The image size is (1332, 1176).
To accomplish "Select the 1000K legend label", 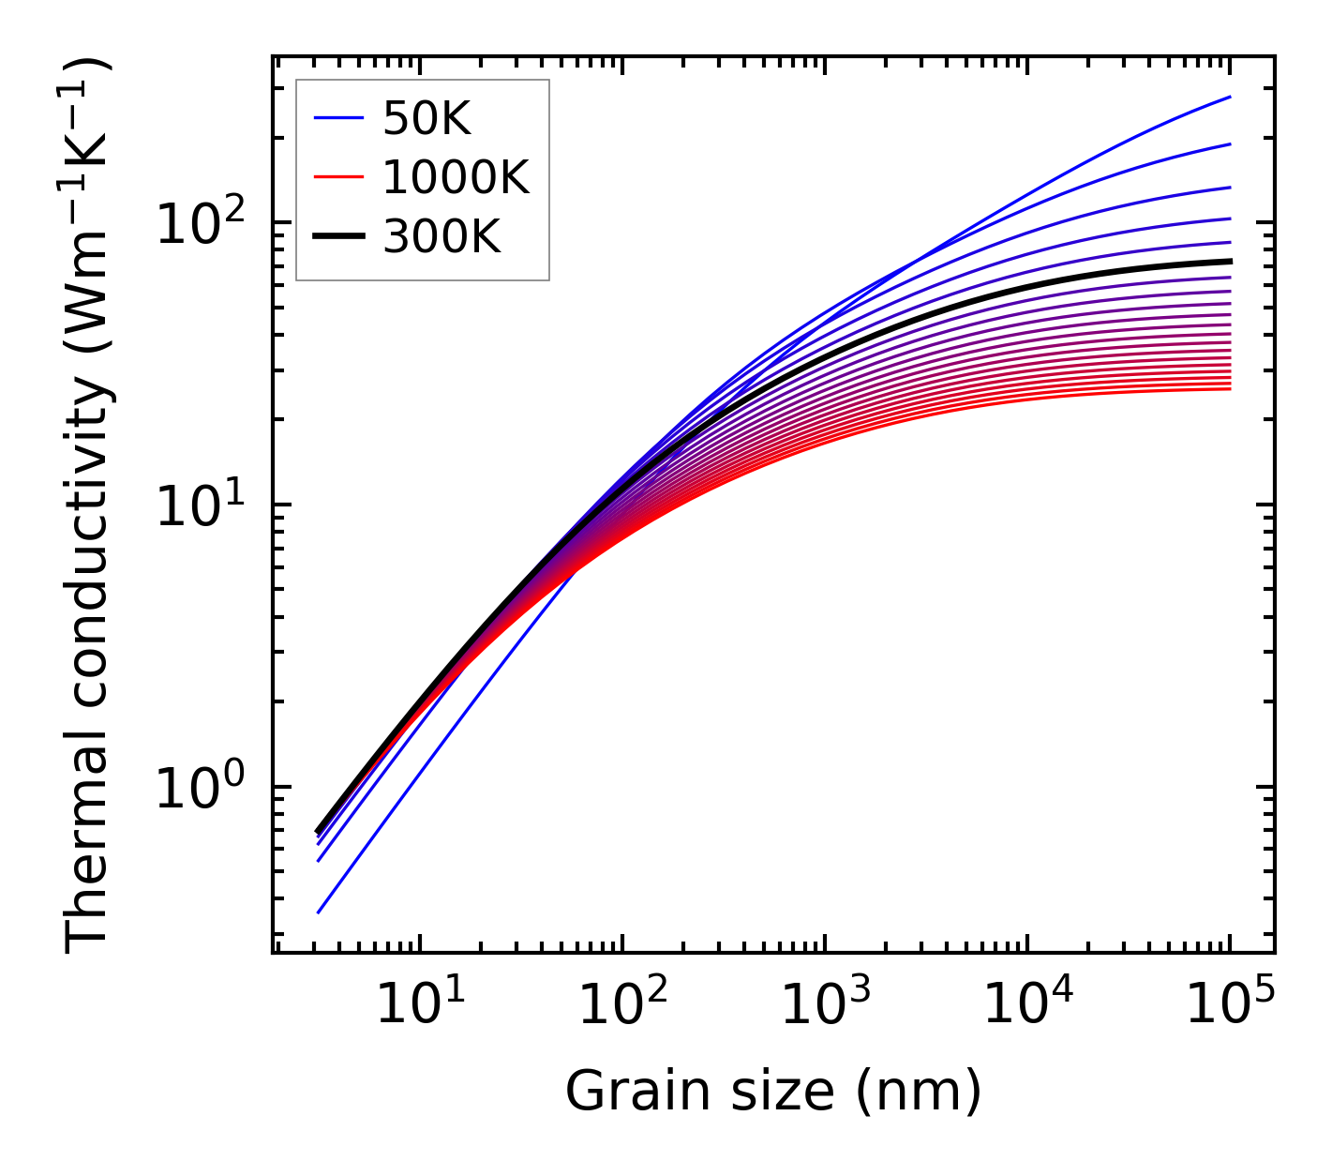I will tap(456, 177).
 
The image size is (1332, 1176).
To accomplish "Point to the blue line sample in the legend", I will tap(338, 118).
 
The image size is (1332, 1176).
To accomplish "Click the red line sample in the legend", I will tap(338, 177).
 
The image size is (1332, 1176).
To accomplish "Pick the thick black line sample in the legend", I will tap(338, 237).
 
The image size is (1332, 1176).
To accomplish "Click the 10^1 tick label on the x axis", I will tap(419, 1006).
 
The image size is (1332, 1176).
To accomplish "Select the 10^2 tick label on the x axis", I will tap(621, 1006).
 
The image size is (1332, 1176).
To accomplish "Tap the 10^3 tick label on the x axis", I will tap(824, 1006).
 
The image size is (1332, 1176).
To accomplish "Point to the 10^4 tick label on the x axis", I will tap(1026, 1006).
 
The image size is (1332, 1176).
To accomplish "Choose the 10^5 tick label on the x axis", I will tap(1229, 1006).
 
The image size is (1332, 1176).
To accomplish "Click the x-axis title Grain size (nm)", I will tap(773, 1091).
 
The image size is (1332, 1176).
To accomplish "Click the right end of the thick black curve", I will tap(1229, 261).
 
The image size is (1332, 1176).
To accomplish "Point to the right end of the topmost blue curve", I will tap(1229, 97).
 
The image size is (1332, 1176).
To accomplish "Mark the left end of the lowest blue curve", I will tap(319, 912).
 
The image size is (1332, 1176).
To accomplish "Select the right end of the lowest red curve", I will tap(1229, 388).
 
